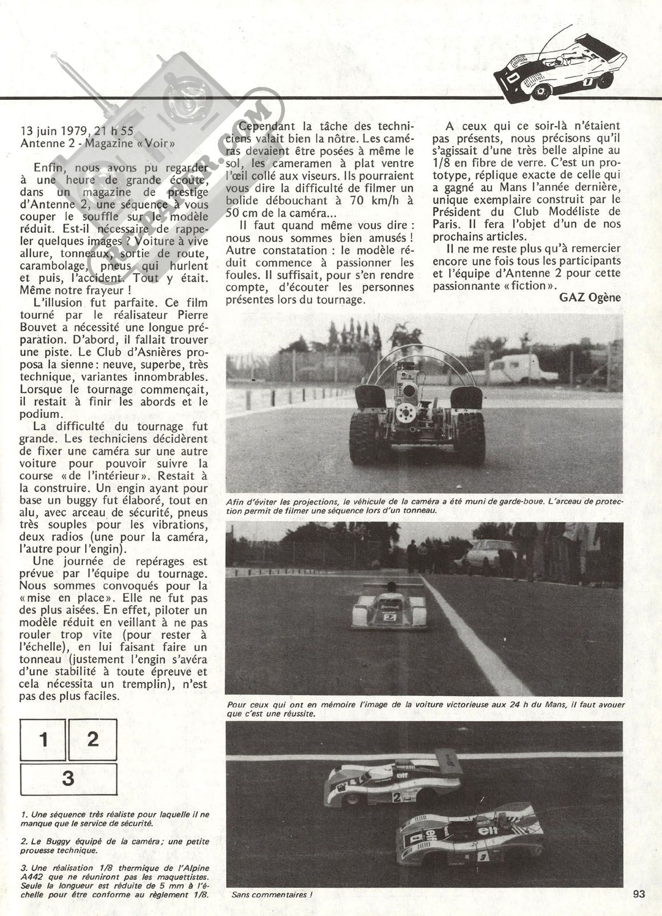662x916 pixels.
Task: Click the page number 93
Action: point(639,894)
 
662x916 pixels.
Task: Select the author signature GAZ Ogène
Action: point(590,297)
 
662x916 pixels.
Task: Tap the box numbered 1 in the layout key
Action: point(43,739)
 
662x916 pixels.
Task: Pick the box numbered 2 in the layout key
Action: point(92,739)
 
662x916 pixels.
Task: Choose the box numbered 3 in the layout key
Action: point(68,778)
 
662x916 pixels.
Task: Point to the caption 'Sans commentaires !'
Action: point(272,895)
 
